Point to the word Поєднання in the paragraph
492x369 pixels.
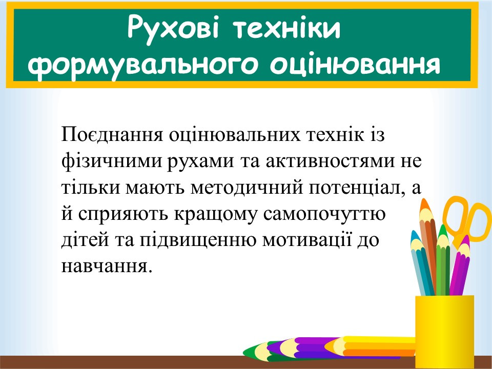tap(112, 134)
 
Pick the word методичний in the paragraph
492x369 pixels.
tap(247, 188)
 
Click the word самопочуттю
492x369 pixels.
tap(324, 215)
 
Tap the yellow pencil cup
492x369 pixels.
tap(445, 332)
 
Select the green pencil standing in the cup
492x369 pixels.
tap(443, 260)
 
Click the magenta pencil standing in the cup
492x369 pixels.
tap(460, 266)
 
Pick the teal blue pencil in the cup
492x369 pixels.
tap(422, 263)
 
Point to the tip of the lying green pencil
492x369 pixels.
tap(243, 351)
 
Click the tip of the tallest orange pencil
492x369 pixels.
tap(424, 199)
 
